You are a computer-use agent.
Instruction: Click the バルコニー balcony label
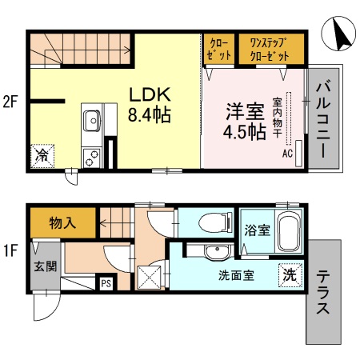point(324,117)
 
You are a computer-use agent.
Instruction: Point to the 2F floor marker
point(10,102)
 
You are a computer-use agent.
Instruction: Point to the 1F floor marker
point(10,250)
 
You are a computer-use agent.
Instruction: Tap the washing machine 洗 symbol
point(290,275)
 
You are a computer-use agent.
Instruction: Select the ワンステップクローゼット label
point(258,50)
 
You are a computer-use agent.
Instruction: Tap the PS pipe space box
point(105,282)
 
